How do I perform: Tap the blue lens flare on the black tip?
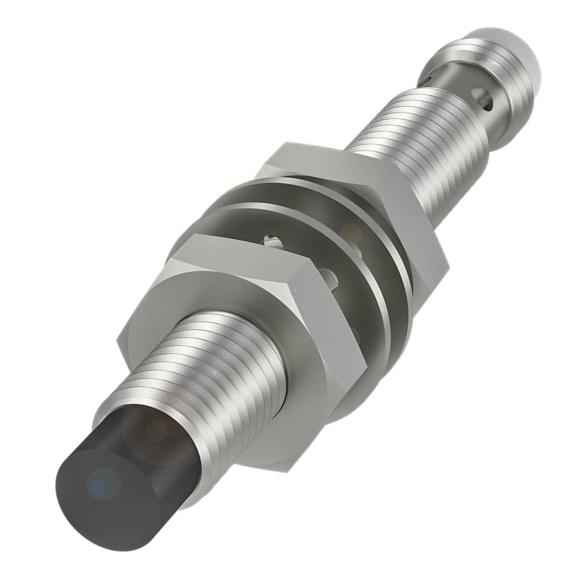pos(104,482)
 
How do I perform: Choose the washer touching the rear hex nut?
pos(375,234)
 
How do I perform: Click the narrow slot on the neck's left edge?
pos(432,76)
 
